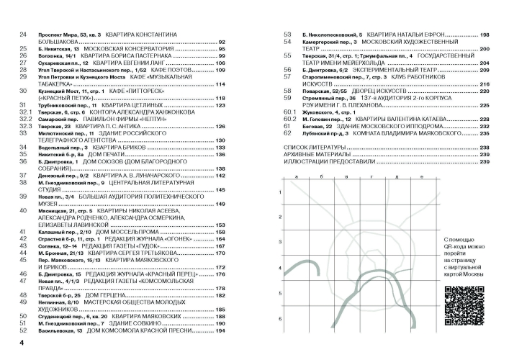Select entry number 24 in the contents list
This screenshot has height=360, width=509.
[23, 35]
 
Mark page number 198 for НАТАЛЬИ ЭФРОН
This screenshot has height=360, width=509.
[485, 35]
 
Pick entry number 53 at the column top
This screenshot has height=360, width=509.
[287, 35]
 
